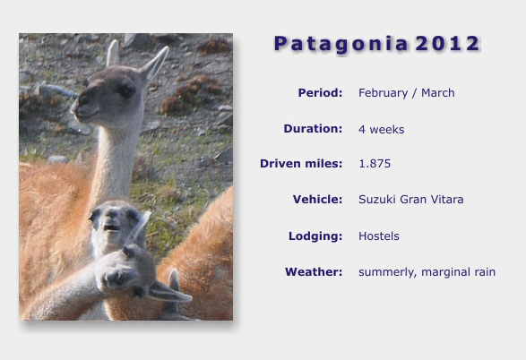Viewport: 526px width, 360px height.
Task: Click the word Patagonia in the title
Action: click(341, 45)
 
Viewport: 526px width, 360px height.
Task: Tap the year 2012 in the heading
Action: click(447, 44)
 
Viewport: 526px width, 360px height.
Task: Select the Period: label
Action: click(321, 92)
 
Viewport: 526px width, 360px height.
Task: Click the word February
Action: click(384, 93)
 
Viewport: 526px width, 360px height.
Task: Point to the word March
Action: click(438, 92)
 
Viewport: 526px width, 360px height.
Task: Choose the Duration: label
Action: click(313, 129)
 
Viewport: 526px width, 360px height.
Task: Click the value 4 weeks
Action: click(382, 129)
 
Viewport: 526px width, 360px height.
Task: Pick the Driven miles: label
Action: click(301, 164)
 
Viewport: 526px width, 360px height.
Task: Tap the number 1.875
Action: click(375, 164)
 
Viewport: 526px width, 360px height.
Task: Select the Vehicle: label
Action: click(318, 200)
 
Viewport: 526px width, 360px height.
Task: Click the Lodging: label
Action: click(315, 236)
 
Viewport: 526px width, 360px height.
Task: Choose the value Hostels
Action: click(379, 236)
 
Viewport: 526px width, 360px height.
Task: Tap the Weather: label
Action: click(314, 272)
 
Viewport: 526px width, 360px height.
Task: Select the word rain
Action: click(485, 272)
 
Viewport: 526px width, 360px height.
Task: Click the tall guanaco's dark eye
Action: click(126, 90)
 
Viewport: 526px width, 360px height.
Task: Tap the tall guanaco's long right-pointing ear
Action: click(155, 64)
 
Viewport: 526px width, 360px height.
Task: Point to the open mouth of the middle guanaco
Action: click(112, 228)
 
